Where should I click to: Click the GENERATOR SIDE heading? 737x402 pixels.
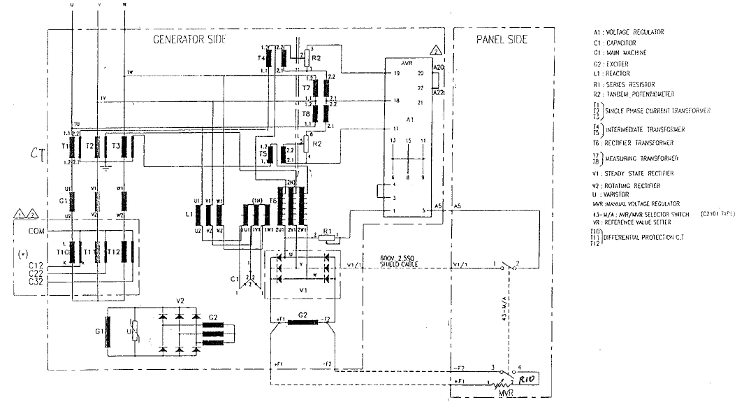click(x=189, y=39)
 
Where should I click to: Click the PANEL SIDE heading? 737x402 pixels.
click(x=502, y=39)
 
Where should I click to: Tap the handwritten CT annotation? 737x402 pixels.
click(x=37, y=152)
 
